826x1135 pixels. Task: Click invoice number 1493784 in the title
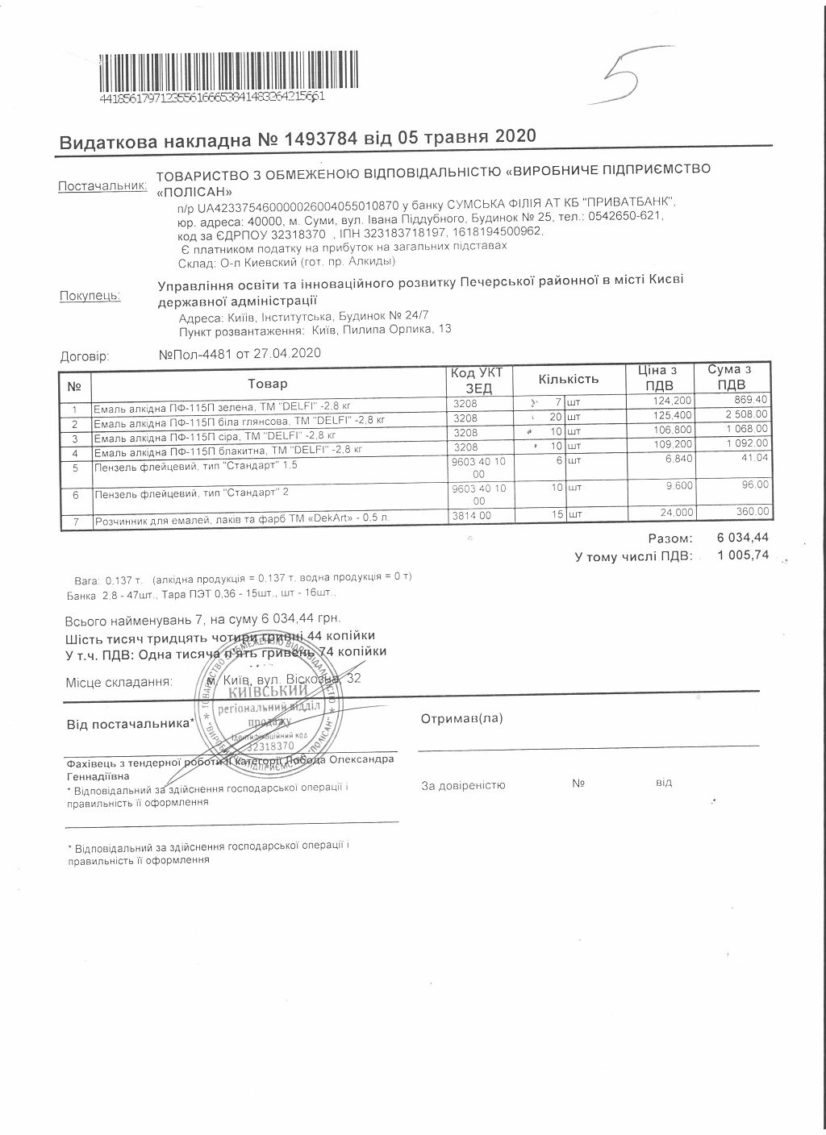(x=321, y=139)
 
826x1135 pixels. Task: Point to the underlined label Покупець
(x=90, y=296)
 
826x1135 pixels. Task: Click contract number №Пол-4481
(x=196, y=353)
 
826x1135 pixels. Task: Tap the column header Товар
(x=268, y=384)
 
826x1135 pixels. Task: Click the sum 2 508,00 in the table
(x=746, y=414)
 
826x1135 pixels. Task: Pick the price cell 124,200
(x=672, y=401)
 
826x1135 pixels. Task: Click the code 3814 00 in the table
(x=472, y=513)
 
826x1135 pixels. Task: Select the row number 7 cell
(x=75, y=522)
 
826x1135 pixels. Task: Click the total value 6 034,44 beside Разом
(x=742, y=538)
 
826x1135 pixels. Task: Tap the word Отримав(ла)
(x=461, y=718)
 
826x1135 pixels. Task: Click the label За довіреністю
(x=463, y=784)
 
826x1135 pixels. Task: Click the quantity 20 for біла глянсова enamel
(x=554, y=418)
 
